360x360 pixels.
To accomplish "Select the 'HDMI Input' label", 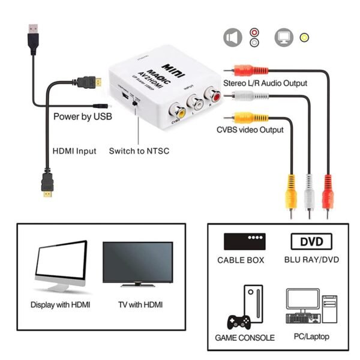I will pos(74,151).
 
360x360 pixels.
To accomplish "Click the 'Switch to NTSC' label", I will pos(139,151).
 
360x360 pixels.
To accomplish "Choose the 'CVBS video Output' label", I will pos(250,130).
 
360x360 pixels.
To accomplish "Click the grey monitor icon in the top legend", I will pos(283,37).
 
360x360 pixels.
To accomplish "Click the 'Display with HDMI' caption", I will pos(61,304).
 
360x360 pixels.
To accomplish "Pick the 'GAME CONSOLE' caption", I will pos(245,338).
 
